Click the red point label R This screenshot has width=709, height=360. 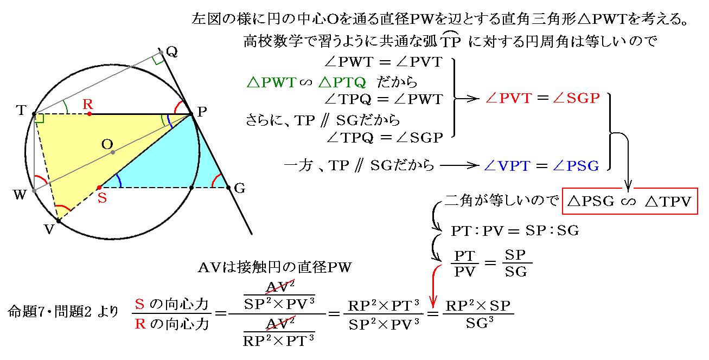(88, 104)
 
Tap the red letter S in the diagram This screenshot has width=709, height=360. (101, 198)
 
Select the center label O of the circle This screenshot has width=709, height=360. (107, 144)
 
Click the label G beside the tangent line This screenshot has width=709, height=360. (239, 189)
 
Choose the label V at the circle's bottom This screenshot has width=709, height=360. (50, 229)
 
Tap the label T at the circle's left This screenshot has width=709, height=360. (21, 110)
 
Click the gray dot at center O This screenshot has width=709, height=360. (113, 153)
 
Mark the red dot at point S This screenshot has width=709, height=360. (99, 188)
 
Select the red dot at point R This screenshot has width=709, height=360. (90, 114)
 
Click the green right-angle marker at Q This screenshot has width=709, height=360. (158, 59)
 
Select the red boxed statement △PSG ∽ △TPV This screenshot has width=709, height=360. (629, 202)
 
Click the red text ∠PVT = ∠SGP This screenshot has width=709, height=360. (542, 98)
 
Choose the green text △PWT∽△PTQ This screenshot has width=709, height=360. (306, 82)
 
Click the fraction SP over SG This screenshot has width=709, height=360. (515, 263)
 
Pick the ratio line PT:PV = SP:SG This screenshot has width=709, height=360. (515, 231)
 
